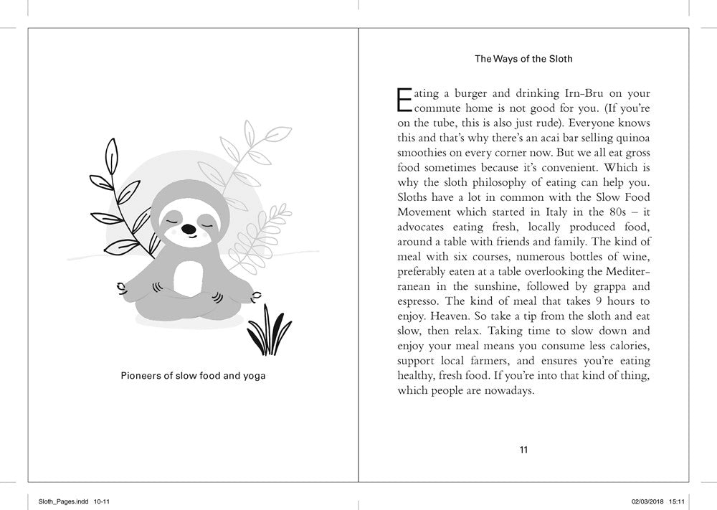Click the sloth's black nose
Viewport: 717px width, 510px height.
coord(187,230)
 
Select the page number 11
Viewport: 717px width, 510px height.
coord(523,450)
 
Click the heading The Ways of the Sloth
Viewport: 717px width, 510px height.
coord(523,59)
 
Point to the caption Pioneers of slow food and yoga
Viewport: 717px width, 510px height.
coord(193,375)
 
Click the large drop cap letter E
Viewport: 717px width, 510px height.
coord(404,100)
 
